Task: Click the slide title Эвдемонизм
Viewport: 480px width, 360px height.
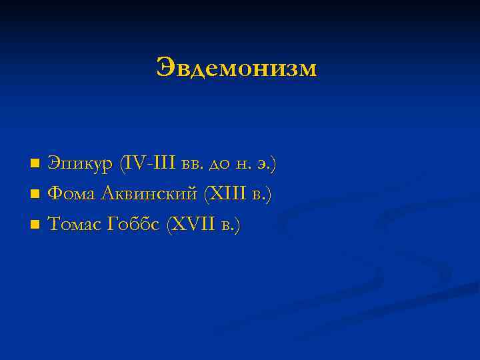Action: pyautogui.click(x=237, y=68)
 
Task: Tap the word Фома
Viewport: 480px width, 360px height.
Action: pyautogui.click(x=73, y=194)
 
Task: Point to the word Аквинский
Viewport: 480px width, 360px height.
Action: pyautogui.click(x=151, y=194)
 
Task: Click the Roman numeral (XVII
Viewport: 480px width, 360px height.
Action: pyautogui.click(x=193, y=225)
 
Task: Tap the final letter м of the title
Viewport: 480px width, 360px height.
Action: pyautogui.click(x=307, y=69)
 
